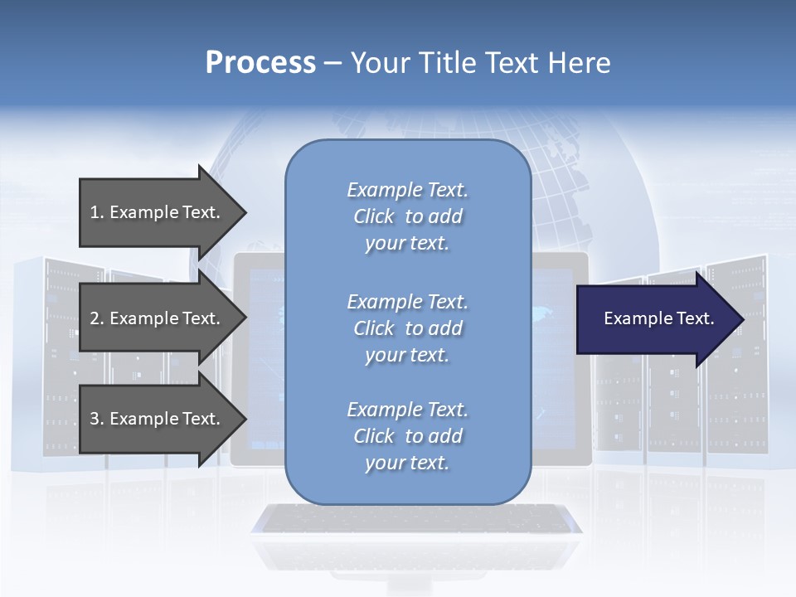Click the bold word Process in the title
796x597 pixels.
tap(260, 63)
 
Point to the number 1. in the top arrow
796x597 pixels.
tap(97, 212)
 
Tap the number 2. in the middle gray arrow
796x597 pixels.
tap(97, 318)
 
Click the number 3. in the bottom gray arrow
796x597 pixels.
tap(97, 419)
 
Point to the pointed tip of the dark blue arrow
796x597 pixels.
tap(740, 319)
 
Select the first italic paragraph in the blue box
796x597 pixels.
tap(407, 216)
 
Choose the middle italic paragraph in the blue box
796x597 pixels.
tap(407, 328)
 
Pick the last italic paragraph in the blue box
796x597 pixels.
tap(407, 436)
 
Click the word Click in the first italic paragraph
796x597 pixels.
tap(374, 216)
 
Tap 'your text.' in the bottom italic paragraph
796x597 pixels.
tap(407, 463)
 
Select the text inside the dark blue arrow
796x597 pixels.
tap(658, 318)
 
